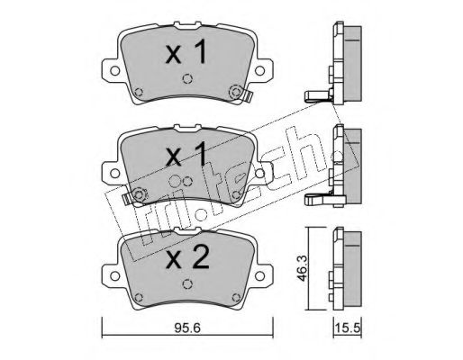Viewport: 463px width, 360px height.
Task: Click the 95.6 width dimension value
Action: tap(186, 328)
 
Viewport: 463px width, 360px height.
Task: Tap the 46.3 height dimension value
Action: tap(301, 268)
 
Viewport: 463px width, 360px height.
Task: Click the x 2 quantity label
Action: tap(187, 256)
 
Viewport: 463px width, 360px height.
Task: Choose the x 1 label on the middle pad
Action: tap(186, 154)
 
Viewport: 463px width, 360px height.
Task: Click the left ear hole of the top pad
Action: tap(114, 71)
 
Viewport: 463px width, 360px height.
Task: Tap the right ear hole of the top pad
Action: tap(259, 71)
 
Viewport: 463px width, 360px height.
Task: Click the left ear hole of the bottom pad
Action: tap(114, 276)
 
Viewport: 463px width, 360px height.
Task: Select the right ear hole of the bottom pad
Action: tap(259, 276)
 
